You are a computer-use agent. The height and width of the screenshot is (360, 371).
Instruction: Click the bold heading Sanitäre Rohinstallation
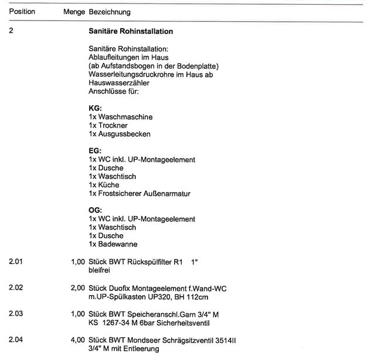(x=130, y=30)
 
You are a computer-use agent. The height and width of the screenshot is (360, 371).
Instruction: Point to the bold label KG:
(x=95, y=108)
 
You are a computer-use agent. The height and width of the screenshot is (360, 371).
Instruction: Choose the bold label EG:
(x=95, y=150)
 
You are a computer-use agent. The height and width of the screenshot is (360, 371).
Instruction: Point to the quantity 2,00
(x=77, y=289)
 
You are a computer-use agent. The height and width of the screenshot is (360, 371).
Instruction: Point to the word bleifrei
(x=100, y=270)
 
